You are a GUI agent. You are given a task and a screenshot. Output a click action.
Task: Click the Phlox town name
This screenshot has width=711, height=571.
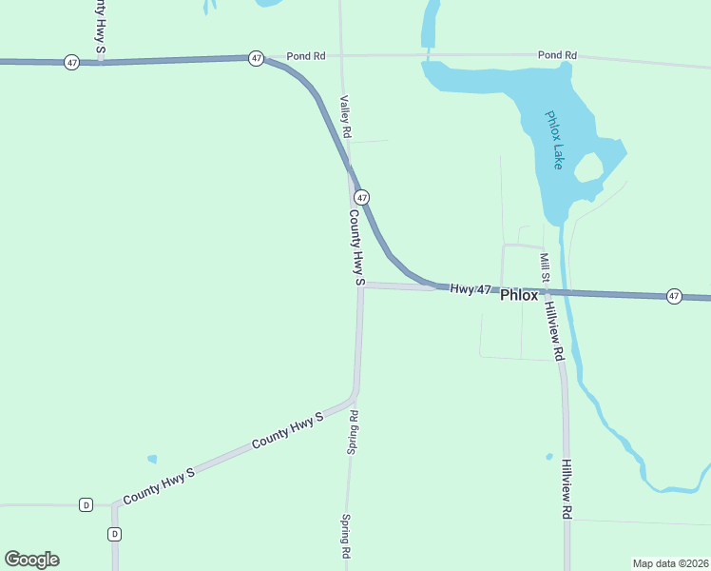coord(519,295)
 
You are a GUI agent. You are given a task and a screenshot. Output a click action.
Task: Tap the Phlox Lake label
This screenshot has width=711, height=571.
coord(554,140)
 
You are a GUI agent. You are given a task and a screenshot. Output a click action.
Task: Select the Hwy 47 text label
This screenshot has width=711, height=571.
coord(471,288)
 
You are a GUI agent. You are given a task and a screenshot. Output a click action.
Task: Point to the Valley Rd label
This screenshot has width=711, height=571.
coord(346,117)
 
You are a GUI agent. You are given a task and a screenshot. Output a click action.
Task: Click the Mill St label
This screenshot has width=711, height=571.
coord(546,268)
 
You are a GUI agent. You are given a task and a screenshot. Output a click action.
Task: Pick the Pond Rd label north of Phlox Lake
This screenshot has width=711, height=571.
coord(557,56)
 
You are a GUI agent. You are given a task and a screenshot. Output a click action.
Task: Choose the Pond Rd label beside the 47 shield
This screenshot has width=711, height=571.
coord(306,56)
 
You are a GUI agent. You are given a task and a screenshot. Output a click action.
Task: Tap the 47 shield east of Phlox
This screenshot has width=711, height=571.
coord(674,296)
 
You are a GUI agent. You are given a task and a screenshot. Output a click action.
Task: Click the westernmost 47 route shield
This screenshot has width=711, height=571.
coord(72,62)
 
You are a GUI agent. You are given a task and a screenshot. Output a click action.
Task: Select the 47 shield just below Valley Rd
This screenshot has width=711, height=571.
coord(362,197)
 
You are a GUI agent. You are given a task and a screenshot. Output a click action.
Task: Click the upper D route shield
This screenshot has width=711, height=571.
coord(86,504)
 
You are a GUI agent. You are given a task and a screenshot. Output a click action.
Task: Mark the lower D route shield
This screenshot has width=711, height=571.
coord(115,534)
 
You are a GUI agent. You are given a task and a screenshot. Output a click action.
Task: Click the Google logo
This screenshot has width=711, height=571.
coord(31,560)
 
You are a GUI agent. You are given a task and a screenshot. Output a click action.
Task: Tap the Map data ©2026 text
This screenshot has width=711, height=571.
coord(670,562)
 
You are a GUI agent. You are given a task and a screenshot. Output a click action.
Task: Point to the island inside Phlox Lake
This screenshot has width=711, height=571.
coord(588,169)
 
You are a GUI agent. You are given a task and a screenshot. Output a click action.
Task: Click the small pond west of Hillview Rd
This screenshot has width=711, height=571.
coord(549,457)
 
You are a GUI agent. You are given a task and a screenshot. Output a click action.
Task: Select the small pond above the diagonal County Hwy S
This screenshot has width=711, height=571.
coord(152,459)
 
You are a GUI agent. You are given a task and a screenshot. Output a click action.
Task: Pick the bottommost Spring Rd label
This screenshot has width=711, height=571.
coord(346,537)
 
